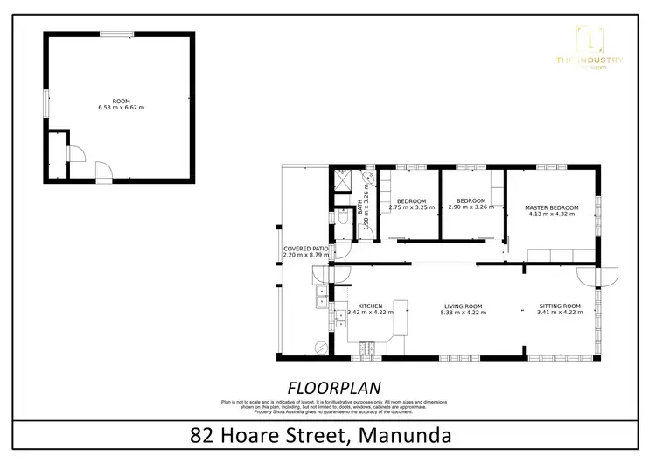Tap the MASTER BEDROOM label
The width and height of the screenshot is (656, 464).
[551, 207]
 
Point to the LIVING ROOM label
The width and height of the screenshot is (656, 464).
[463, 306]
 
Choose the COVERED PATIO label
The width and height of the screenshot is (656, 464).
[305, 249]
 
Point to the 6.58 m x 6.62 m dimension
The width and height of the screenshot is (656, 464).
[121, 108]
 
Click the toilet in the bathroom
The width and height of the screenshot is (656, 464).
[342, 216]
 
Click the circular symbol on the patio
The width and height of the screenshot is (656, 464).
[322, 348]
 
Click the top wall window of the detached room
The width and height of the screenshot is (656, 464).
[111, 34]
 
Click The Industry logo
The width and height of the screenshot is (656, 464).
[600, 48]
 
